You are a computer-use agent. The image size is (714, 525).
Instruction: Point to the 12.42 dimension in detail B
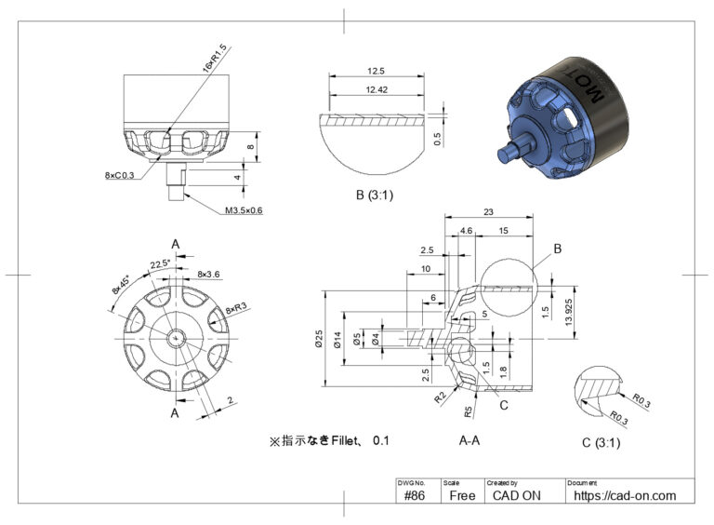click(x=376, y=89)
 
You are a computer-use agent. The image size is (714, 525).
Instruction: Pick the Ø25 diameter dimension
click(x=319, y=342)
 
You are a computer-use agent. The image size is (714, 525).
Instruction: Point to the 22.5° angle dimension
click(x=161, y=263)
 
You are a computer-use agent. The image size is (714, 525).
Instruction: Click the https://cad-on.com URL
click(x=625, y=495)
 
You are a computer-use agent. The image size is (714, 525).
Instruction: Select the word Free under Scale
click(x=462, y=495)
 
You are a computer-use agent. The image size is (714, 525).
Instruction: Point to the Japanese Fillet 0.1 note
click(x=328, y=439)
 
